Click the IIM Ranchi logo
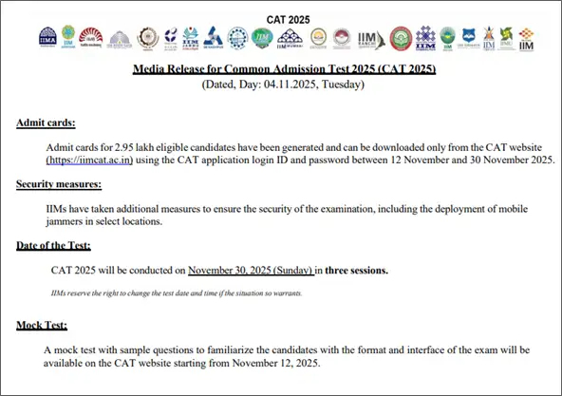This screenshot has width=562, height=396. click(370, 39)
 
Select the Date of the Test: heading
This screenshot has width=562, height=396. click(53, 246)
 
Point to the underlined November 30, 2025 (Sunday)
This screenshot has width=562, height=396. click(251, 271)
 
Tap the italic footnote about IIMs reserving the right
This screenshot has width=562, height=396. click(177, 292)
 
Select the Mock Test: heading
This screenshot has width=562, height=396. click(41, 327)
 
